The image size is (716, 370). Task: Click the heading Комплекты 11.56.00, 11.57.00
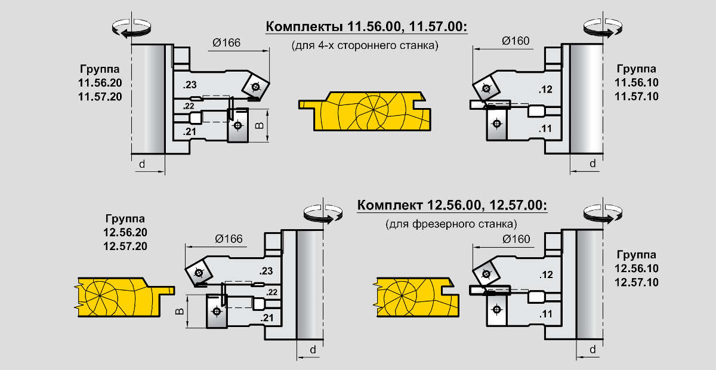coord(366,26)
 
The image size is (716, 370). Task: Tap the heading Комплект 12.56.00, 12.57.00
coord(452,205)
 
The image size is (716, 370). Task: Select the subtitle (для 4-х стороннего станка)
coord(365,45)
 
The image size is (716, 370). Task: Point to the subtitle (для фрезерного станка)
coord(451,224)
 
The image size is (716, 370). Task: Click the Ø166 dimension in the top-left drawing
coord(226,42)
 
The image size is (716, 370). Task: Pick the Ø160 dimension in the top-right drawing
coord(516,41)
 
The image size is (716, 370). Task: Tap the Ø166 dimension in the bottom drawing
coord(229,239)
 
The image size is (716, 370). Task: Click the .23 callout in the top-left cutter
coord(190,85)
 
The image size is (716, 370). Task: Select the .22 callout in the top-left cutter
coord(189,106)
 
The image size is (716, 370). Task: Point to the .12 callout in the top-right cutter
coord(545,90)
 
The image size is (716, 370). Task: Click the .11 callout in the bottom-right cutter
coord(545,314)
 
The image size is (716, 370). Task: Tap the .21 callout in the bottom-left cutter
coord(267,318)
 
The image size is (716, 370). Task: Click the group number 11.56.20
coord(100,83)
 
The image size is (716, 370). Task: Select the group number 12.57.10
coord(637,282)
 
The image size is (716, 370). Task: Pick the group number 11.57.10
coord(637,96)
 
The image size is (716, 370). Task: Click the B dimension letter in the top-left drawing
coord(260,125)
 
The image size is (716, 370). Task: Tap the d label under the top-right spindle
coord(592,164)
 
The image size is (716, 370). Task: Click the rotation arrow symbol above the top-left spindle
coord(131,28)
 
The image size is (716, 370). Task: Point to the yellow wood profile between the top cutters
coord(365,111)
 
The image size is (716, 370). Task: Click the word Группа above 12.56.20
coord(125,219)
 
